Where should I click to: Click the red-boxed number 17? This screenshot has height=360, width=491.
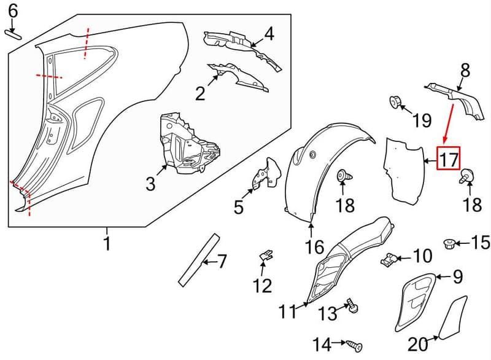pyautogui.click(x=449, y=158)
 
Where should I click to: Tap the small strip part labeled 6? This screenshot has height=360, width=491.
pyautogui.click(x=13, y=34)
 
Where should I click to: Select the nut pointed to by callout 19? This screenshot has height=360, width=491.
pyautogui.click(x=395, y=102)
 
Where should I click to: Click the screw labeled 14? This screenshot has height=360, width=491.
pyautogui.click(x=354, y=346)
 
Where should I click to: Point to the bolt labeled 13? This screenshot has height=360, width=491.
pyautogui.click(x=352, y=306)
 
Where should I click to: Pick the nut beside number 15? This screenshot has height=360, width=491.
pyautogui.click(x=449, y=244)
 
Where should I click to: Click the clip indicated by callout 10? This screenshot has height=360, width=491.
pyautogui.click(x=389, y=259)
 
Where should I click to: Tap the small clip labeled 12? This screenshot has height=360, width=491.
pyautogui.click(x=266, y=256)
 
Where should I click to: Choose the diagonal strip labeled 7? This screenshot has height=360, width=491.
pyautogui.click(x=198, y=259)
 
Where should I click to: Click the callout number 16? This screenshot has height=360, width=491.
pyautogui.click(x=315, y=247)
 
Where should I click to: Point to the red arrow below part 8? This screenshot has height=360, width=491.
pyautogui.click(x=449, y=123)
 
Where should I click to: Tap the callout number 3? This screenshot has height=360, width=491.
pyautogui.click(x=150, y=184)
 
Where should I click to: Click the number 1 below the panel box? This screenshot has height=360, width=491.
pyautogui.click(x=107, y=243)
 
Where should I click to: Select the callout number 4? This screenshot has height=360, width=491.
pyautogui.click(x=269, y=34)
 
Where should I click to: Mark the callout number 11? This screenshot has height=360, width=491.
pyautogui.click(x=287, y=311)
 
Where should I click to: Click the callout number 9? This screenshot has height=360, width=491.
pyautogui.click(x=457, y=276)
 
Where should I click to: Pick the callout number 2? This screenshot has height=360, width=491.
pyautogui.click(x=200, y=93)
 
